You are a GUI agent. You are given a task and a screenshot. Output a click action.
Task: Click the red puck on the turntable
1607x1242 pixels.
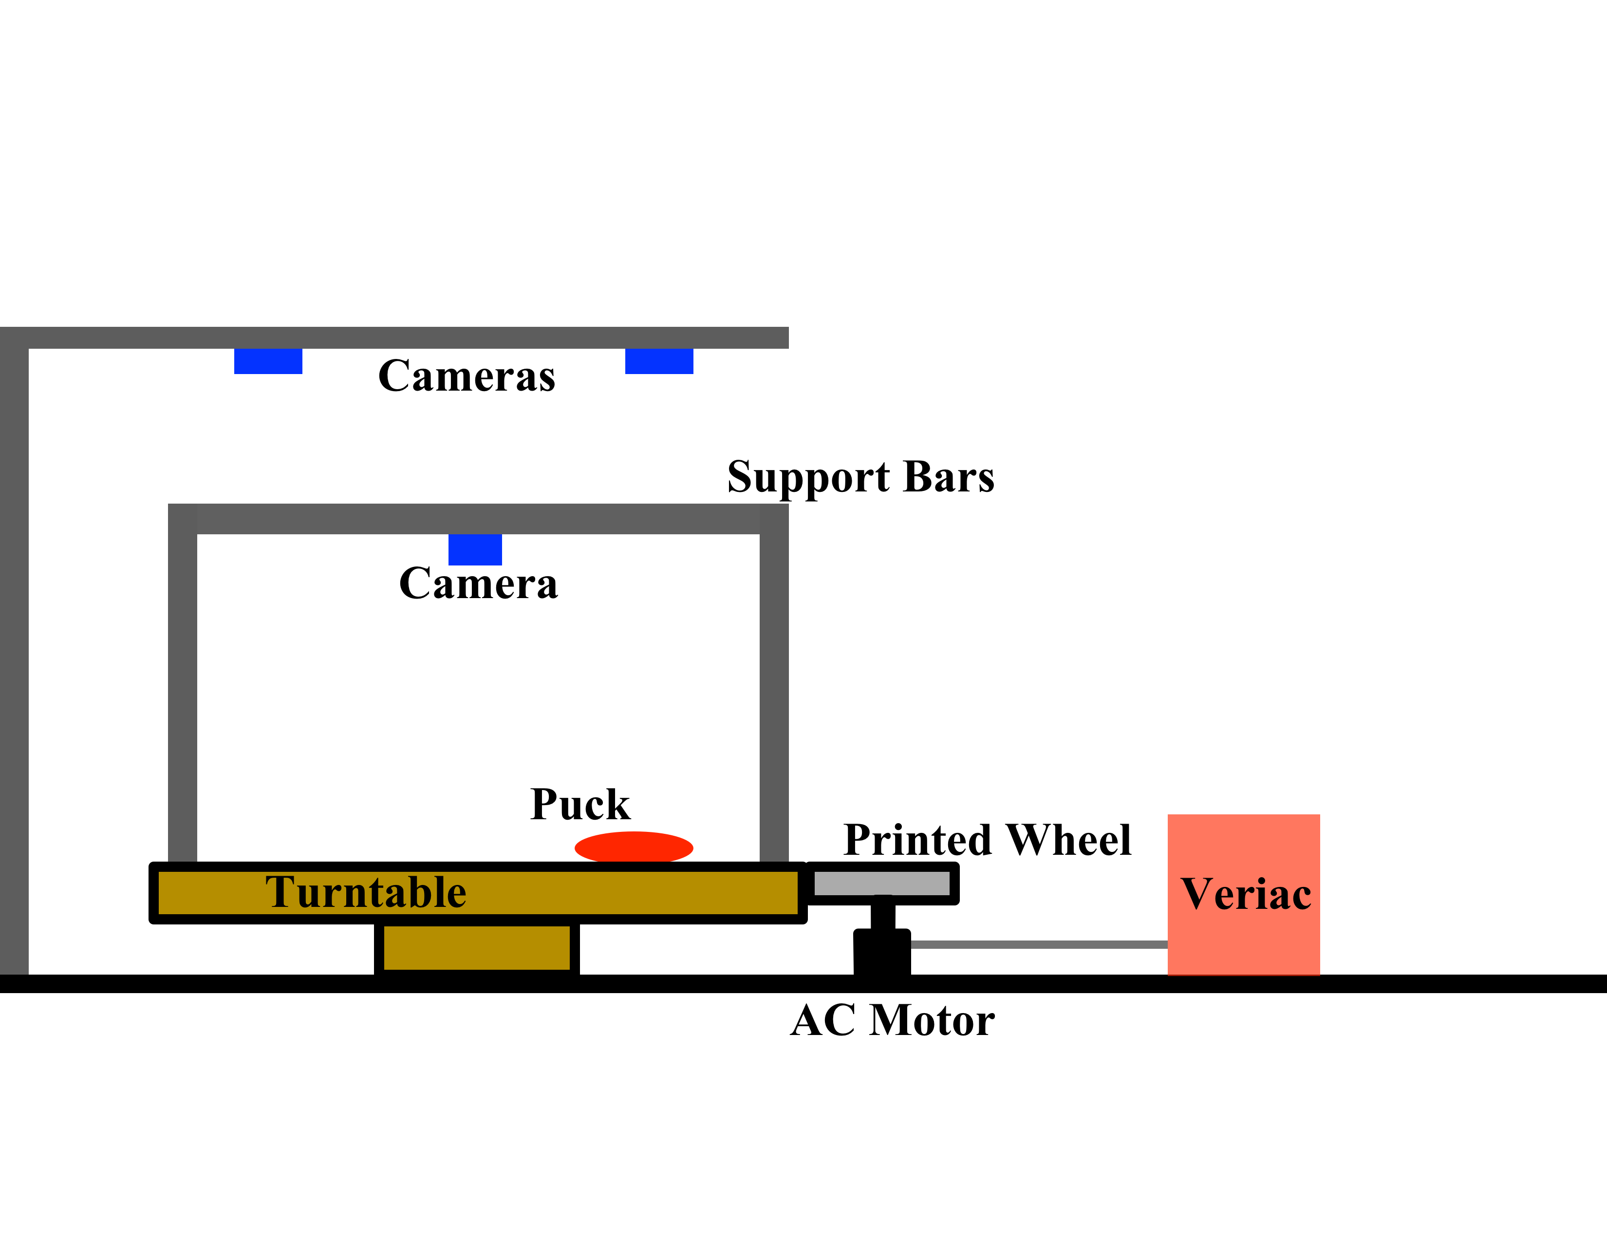[x=634, y=847]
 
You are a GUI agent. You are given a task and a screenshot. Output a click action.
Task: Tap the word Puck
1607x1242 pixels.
[x=580, y=804]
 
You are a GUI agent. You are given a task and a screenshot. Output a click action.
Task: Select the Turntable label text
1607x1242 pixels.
[x=366, y=892]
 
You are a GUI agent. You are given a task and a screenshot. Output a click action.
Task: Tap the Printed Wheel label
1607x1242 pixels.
[x=987, y=840]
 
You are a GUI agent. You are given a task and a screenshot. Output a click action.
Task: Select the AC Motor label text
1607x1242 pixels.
[x=892, y=1020]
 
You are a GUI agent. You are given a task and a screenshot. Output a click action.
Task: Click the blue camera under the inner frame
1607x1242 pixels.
[x=475, y=549]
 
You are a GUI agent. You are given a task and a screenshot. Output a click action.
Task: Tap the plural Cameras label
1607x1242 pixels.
[x=467, y=376]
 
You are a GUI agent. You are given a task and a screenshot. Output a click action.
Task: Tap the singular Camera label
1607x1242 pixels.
[x=478, y=584]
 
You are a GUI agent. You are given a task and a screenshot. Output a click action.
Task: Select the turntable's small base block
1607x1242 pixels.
[x=477, y=948]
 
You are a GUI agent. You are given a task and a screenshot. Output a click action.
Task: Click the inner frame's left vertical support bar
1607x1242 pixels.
[x=183, y=692]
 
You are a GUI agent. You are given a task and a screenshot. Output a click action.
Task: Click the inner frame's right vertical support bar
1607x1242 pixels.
[x=773, y=692]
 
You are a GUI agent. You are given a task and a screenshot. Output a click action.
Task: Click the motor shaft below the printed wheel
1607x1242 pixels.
[x=882, y=917]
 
